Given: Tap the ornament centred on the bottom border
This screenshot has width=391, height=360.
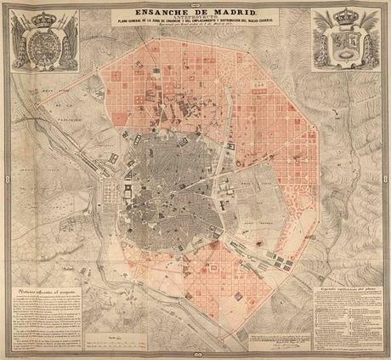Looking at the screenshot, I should (x=195, y=357).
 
